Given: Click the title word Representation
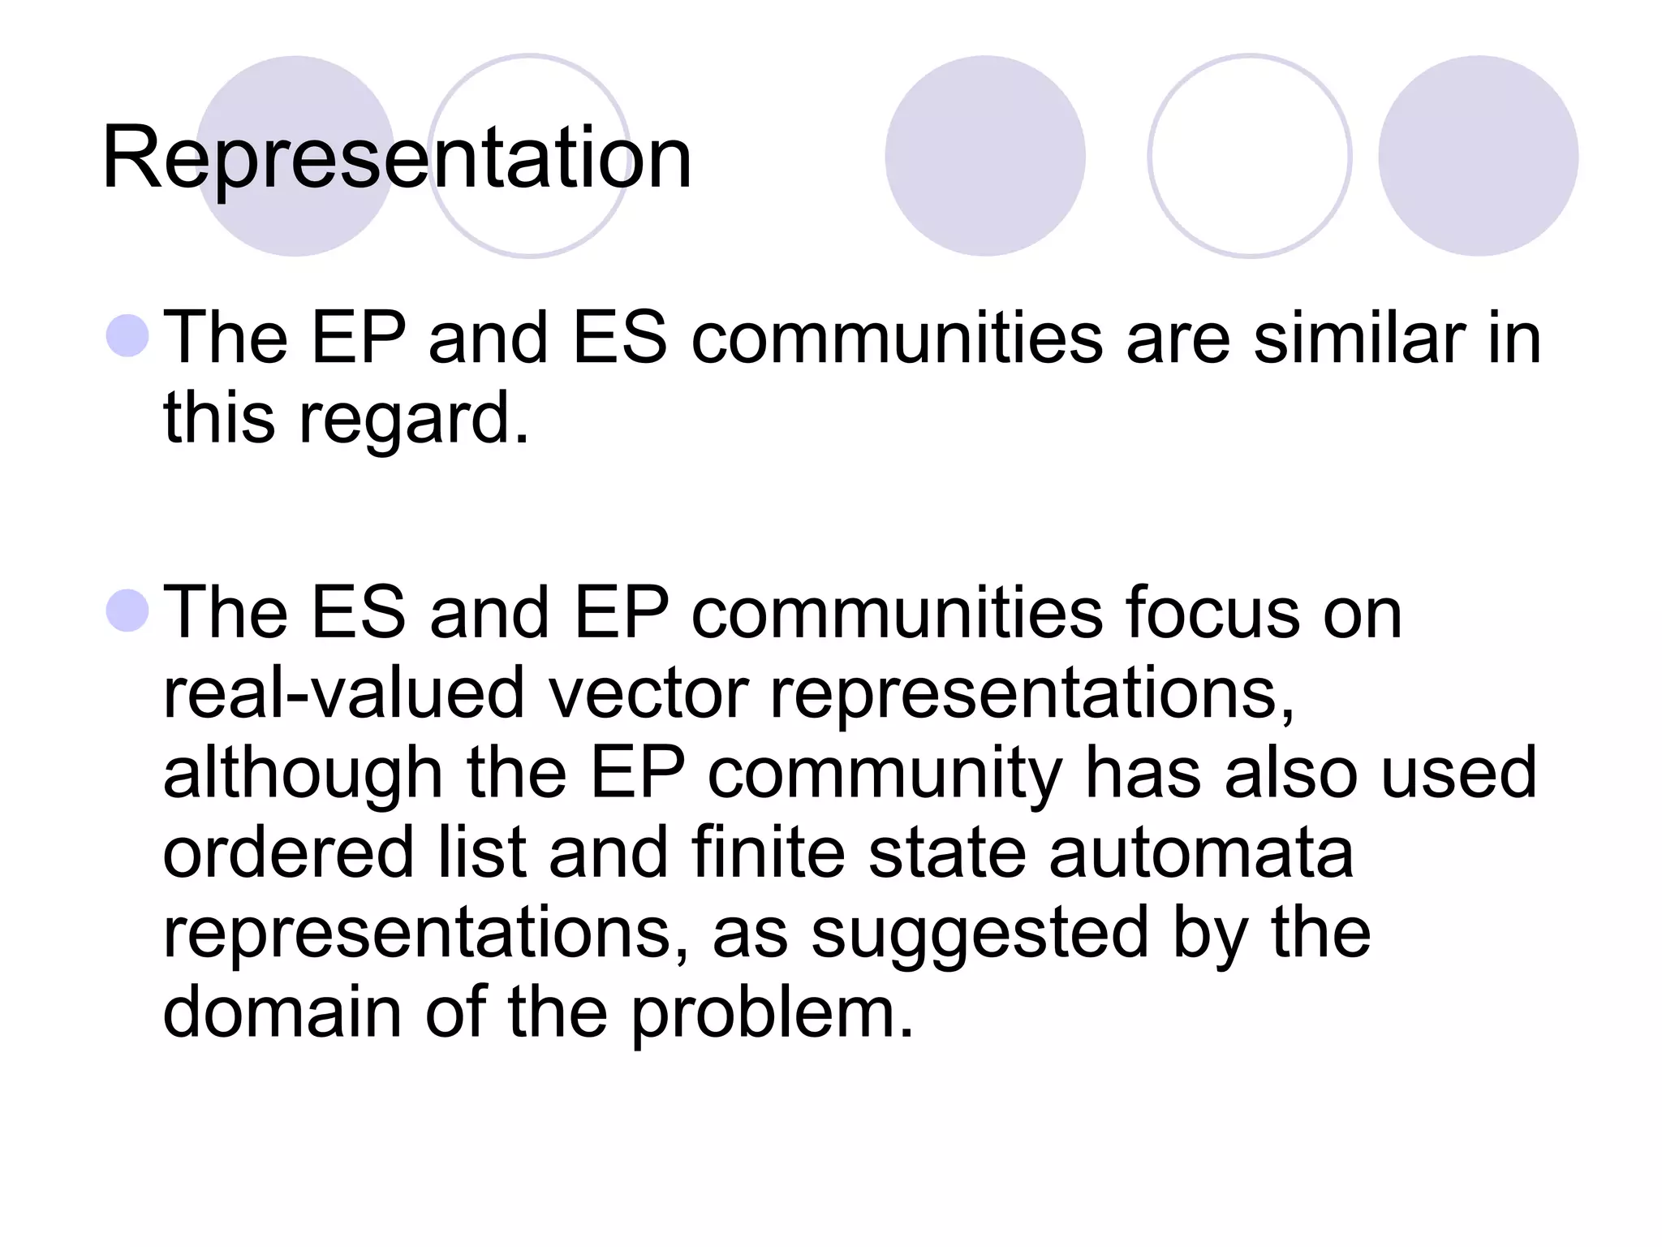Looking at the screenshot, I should (396, 158).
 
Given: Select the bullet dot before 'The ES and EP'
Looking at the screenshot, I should (128, 611).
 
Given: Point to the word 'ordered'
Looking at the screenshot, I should (288, 852).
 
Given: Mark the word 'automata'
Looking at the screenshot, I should (1201, 852).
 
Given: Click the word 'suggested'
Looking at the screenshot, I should (980, 934).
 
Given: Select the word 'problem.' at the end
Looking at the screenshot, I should (773, 1013).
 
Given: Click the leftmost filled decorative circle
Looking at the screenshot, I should (295, 156).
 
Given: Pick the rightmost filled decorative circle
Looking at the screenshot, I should (1478, 156).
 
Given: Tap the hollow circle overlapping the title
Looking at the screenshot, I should (529, 156).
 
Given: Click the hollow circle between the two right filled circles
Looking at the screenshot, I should (1250, 156).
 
